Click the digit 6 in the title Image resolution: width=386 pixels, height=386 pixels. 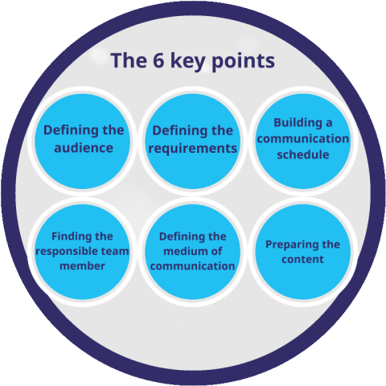(158, 60)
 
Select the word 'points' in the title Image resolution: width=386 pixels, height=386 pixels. (244, 62)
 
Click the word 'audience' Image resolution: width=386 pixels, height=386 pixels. (84, 148)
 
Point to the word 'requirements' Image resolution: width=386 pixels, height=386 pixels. (193, 149)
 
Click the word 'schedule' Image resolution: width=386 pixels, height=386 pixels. (303, 154)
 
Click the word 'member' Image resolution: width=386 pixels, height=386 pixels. (82, 266)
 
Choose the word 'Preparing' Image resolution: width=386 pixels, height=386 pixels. (291, 245)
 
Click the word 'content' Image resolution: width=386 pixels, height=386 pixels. (303, 260)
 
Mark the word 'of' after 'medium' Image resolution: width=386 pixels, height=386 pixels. (216, 251)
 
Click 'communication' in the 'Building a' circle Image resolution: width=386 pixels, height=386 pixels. (303, 139)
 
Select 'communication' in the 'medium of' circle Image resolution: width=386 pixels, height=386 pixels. (193, 266)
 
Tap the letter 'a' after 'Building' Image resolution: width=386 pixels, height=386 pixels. (329, 123)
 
